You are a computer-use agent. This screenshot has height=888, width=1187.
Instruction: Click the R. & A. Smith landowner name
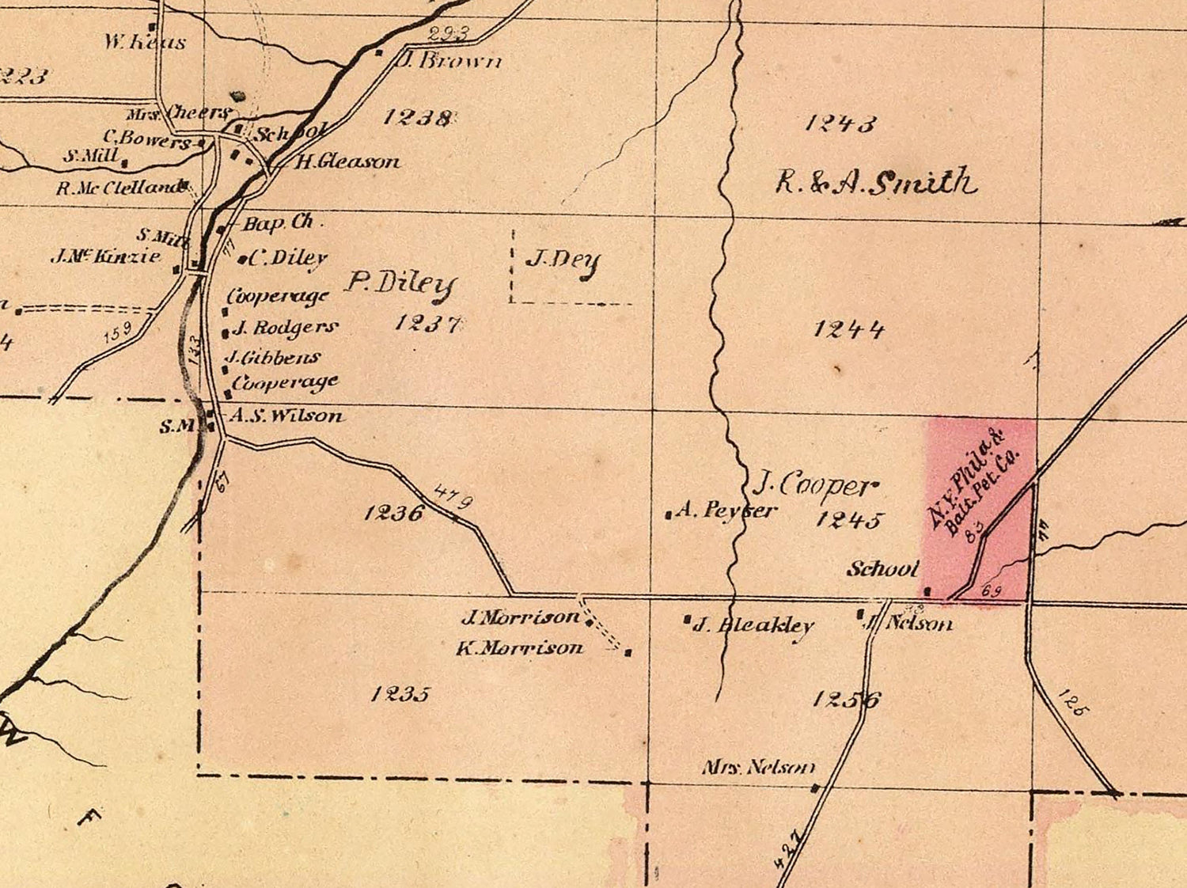click(875, 182)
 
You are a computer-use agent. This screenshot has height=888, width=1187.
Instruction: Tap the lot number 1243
click(840, 123)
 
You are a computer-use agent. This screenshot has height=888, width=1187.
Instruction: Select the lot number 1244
click(848, 328)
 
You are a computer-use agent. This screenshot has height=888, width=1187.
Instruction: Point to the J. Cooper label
click(814, 484)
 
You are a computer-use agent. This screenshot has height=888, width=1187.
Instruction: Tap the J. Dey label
click(563, 261)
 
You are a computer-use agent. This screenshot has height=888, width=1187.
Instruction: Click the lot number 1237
click(427, 323)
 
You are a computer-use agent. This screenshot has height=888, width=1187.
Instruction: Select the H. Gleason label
click(347, 162)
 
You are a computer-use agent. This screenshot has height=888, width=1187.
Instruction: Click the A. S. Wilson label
click(286, 416)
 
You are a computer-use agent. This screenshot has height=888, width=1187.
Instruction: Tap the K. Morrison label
click(519, 648)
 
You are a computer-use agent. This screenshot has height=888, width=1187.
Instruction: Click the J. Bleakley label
click(753, 626)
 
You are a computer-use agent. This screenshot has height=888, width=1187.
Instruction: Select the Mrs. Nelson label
click(757, 767)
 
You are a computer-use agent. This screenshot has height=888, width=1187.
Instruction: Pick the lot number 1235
click(400, 694)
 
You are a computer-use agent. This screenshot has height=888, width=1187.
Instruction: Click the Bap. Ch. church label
click(278, 223)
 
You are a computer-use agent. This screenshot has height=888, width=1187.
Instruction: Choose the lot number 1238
click(417, 117)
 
